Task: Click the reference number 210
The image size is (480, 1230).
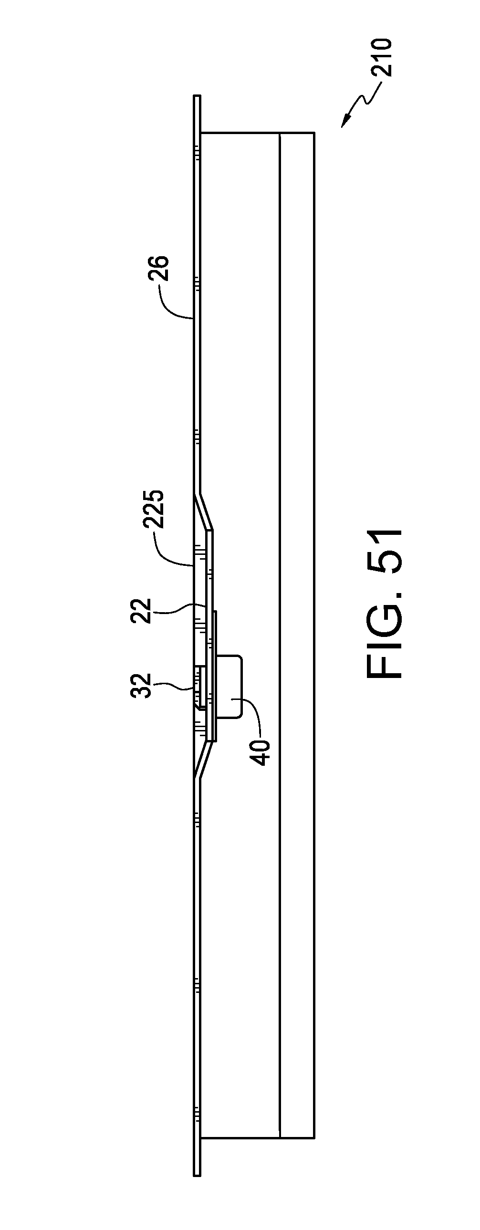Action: (383, 57)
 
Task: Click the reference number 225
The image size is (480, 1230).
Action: (155, 509)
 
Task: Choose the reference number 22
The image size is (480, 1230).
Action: (142, 611)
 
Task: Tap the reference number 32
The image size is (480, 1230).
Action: (142, 686)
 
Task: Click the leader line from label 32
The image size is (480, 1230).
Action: (174, 686)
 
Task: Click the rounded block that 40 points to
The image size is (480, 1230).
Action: (229, 686)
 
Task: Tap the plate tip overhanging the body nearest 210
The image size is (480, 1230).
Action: (197, 114)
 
